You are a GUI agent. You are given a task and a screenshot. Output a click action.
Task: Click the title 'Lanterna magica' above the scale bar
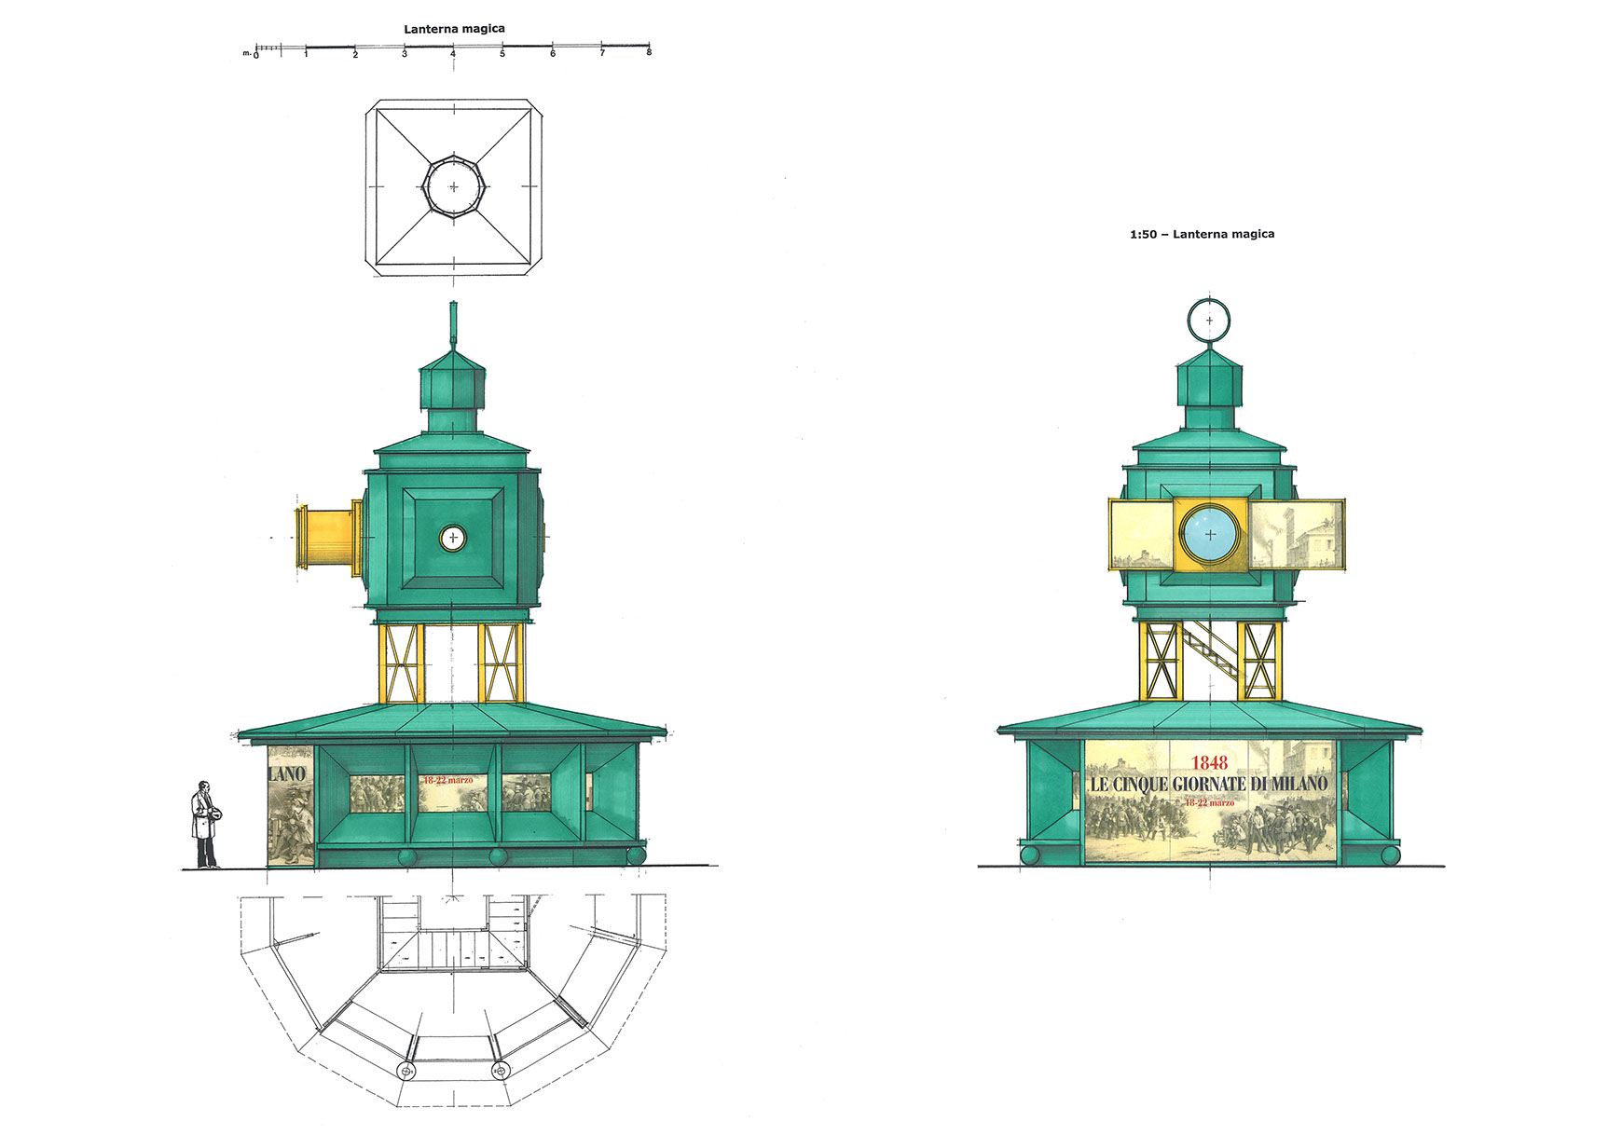pos(454,29)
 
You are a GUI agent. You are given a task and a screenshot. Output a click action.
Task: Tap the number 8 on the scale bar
pos(649,53)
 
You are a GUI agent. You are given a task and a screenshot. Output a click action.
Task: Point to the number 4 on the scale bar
pos(454,54)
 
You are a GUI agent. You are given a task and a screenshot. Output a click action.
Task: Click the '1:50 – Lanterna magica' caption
pos(1202,234)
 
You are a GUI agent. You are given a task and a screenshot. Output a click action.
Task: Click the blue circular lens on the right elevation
pos(1210,535)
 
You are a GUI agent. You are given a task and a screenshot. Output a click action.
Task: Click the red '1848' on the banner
pos(1210,763)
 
